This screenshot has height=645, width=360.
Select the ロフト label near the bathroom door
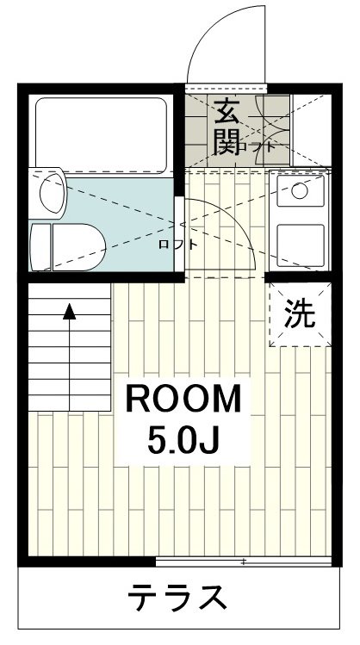(x=177, y=244)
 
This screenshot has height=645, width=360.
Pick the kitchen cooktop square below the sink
(x=300, y=243)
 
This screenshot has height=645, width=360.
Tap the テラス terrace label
(x=179, y=596)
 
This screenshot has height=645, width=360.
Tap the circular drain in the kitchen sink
(x=300, y=191)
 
